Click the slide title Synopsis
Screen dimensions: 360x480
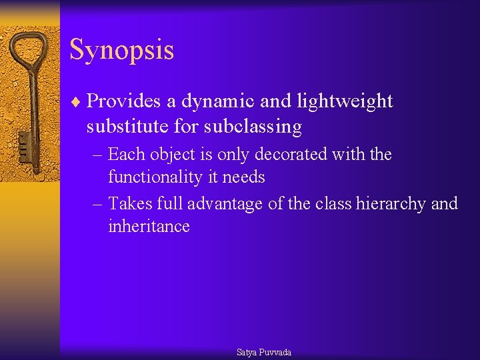pos(121,50)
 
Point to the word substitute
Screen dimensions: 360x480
pos(127,126)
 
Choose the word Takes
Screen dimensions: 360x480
pos(129,203)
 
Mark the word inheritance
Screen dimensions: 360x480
pos(149,227)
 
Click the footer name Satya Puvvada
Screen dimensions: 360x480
pos(264,352)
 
